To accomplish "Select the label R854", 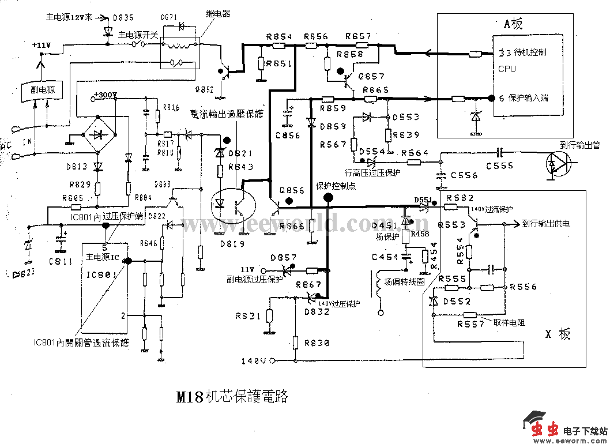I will coord(279,36).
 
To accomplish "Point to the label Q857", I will coord(371,76).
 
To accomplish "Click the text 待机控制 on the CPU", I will coord(530,52).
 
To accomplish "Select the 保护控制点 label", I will coord(336,186).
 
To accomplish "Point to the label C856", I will coord(288,136).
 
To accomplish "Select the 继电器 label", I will coord(218,14).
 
